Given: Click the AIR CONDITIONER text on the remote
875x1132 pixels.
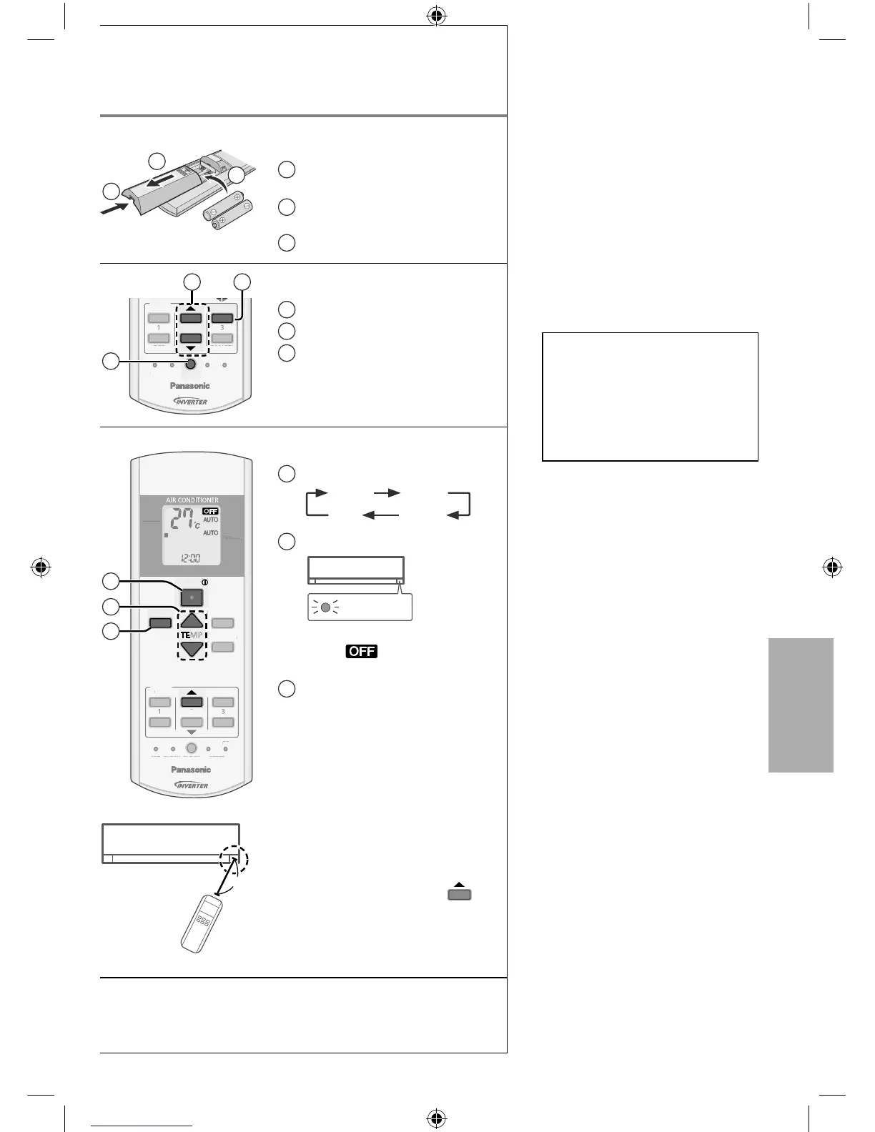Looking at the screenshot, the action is (x=192, y=500).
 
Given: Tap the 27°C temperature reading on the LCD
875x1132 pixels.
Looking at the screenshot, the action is (x=184, y=520).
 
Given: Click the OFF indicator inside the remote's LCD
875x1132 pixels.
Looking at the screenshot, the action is (x=210, y=511).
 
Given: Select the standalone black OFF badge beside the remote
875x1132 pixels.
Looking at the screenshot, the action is (x=361, y=652).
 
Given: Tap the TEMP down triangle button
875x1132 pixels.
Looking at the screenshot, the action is (x=192, y=649).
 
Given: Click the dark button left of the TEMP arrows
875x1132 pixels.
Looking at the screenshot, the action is (x=160, y=623).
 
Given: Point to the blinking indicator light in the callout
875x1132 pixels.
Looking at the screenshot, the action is (x=325, y=607).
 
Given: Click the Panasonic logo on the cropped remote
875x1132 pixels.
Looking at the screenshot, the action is (x=190, y=386).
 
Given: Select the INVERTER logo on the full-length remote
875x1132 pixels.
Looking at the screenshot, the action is (x=191, y=785).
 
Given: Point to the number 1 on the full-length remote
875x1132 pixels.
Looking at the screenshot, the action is (x=159, y=712).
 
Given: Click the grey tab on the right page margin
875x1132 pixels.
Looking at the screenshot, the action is (x=801, y=705).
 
